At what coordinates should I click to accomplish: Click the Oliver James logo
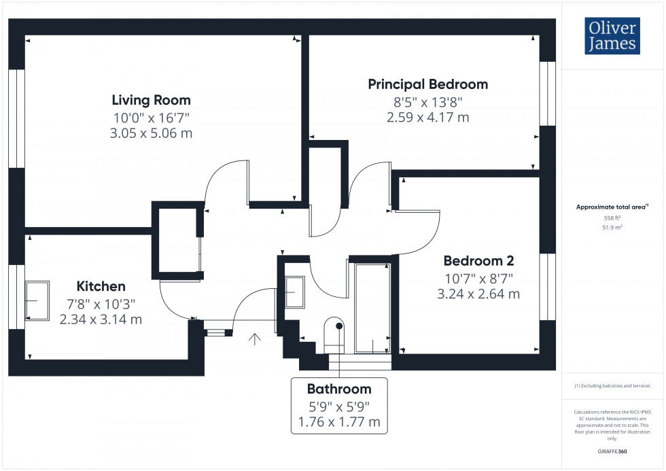(612, 36)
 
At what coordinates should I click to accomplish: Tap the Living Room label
(151, 100)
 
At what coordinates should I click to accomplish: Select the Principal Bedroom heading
(427, 84)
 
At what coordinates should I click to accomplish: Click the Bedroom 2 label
(478, 260)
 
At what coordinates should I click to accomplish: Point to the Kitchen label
(101, 286)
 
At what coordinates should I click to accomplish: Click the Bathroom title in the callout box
(339, 389)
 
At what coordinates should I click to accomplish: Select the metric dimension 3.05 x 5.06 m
(151, 133)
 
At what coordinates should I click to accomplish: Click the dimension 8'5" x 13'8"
(427, 102)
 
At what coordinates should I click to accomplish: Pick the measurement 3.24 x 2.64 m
(478, 294)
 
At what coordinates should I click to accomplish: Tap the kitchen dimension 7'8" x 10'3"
(101, 303)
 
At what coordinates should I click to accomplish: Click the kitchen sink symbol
(37, 300)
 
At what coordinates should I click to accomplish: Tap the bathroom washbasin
(294, 292)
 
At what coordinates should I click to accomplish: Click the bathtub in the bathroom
(372, 308)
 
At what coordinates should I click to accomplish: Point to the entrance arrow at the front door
(256, 338)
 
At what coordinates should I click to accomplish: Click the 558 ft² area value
(612, 217)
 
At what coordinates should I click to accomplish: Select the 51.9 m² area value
(612, 228)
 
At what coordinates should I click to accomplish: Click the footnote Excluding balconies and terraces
(612, 385)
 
